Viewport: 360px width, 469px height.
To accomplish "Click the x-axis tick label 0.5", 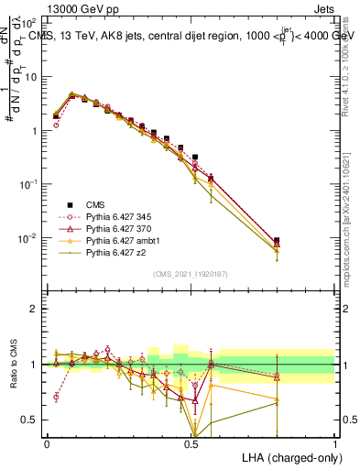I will (191, 442).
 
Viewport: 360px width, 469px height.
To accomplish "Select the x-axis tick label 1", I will (335, 442).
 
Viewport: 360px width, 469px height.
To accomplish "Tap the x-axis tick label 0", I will (48, 442).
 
